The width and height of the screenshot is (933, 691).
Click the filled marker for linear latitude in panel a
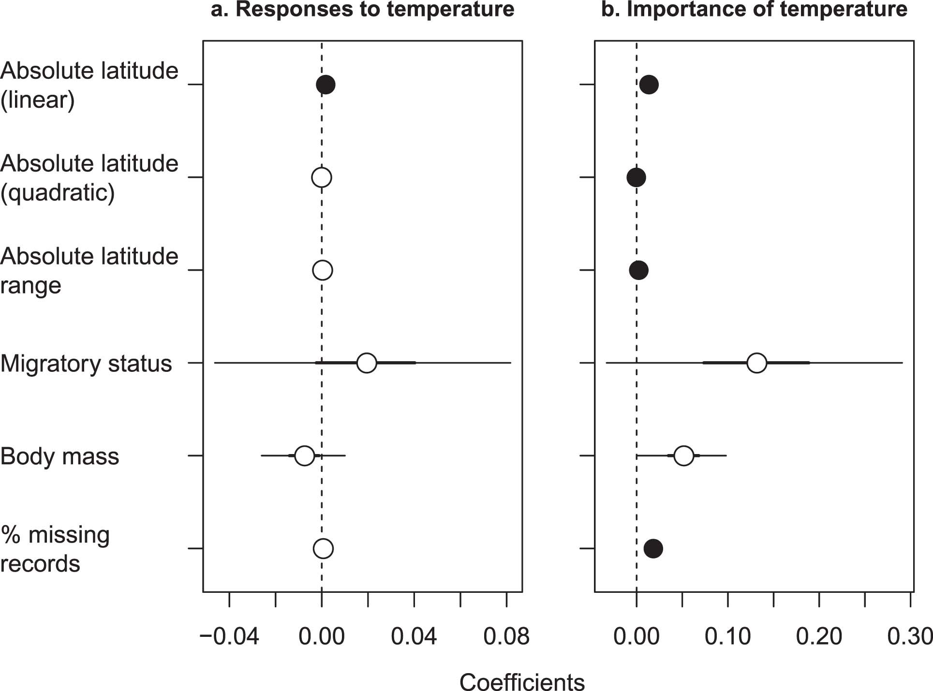(x=326, y=85)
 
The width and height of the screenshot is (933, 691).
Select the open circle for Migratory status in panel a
(x=367, y=363)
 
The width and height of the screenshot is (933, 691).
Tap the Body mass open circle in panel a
(x=304, y=456)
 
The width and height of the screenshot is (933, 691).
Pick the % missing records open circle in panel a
(x=323, y=548)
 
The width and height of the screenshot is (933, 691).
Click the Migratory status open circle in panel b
(x=756, y=363)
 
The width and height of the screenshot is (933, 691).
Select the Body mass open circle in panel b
(x=683, y=456)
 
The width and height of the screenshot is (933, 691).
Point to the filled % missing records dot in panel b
(x=653, y=548)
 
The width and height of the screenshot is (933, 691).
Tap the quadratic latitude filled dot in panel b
(x=636, y=177)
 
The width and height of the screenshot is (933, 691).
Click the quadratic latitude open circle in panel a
(x=321, y=177)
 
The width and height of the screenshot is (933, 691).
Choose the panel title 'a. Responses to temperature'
(x=362, y=10)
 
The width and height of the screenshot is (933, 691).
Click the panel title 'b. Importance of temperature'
(x=754, y=10)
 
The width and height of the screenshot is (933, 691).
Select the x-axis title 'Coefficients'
(x=522, y=682)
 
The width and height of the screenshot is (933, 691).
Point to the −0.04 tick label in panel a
(x=229, y=636)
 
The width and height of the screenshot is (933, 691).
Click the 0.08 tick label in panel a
(x=506, y=636)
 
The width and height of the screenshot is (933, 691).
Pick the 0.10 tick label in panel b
(x=727, y=636)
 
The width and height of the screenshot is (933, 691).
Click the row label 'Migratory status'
(x=86, y=364)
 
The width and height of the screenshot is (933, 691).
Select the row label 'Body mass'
(x=59, y=456)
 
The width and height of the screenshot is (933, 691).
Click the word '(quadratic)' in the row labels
(x=58, y=193)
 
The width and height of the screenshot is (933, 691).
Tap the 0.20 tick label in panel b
(x=819, y=636)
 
